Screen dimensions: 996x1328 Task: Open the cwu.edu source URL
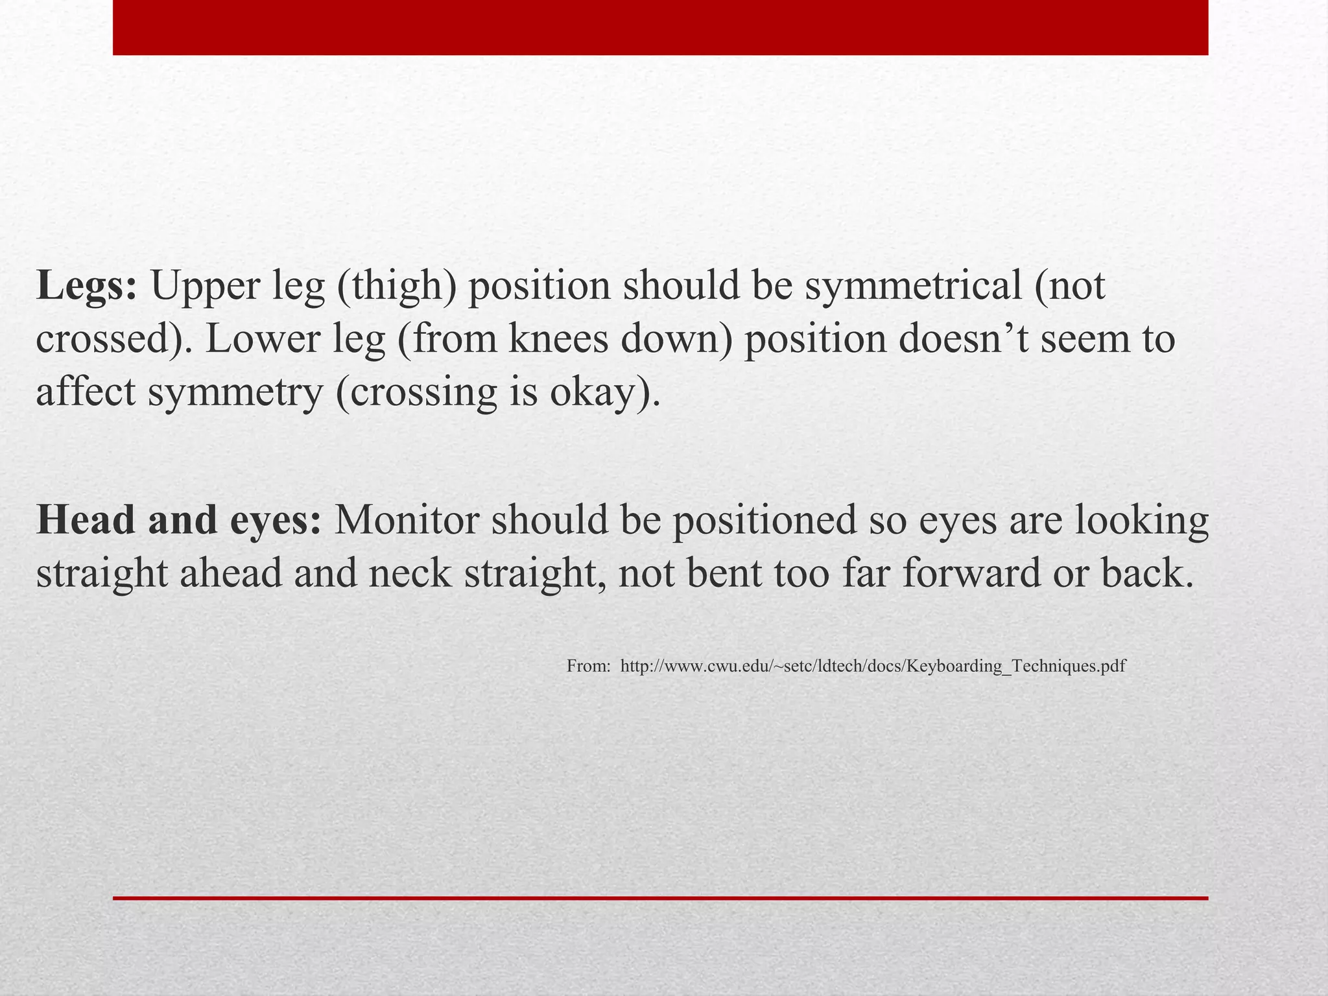(x=873, y=666)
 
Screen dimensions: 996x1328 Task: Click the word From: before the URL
(x=588, y=666)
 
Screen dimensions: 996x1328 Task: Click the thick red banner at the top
(x=660, y=27)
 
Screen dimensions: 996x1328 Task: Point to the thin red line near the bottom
(x=660, y=898)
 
